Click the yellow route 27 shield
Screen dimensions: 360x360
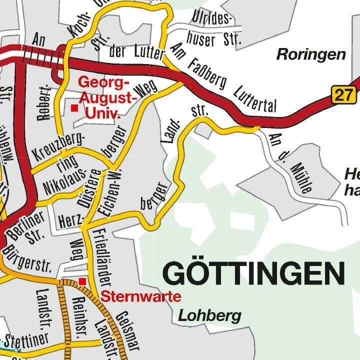343,94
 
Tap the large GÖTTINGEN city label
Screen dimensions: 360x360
254,273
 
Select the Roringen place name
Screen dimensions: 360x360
311,54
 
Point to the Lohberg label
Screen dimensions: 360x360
209,316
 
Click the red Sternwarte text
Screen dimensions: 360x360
141,296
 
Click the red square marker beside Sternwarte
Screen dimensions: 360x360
82,281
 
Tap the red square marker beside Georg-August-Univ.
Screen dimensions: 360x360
74,108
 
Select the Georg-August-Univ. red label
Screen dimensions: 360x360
107,97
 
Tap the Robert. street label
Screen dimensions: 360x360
44,102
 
